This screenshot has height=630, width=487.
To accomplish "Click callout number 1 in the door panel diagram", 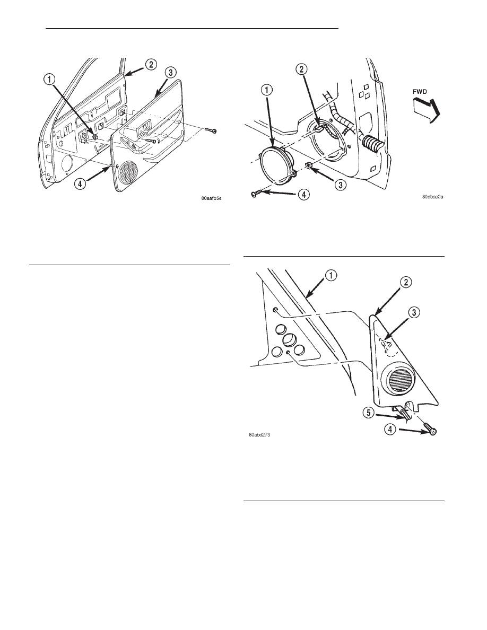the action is pyautogui.click(x=49, y=81).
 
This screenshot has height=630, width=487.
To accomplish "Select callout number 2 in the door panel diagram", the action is pyautogui.click(x=151, y=64).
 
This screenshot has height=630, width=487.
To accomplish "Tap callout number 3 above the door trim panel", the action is pyautogui.click(x=170, y=73).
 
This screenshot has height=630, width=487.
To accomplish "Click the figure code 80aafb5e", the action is pyautogui.click(x=211, y=198).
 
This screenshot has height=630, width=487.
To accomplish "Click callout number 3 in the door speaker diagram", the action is pyautogui.click(x=340, y=185).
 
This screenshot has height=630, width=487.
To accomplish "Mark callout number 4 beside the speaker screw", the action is pyautogui.click(x=303, y=195).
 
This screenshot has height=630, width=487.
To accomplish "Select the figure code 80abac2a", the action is pyautogui.click(x=432, y=197).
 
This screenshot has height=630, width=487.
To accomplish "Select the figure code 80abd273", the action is pyautogui.click(x=259, y=435).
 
